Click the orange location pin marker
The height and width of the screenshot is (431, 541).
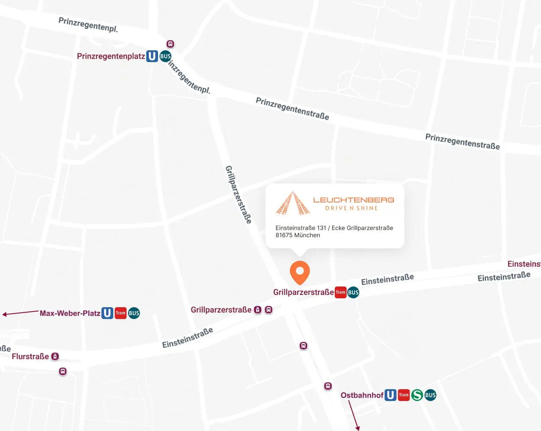click(300, 271)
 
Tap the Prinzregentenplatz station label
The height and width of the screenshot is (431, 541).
click(111, 56)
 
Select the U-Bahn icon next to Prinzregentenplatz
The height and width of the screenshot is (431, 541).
click(152, 56)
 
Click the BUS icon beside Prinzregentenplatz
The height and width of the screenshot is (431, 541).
click(165, 56)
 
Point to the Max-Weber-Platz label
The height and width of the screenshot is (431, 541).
click(70, 313)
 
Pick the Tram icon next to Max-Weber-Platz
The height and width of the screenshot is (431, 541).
click(120, 313)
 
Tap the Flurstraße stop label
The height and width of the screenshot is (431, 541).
click(30, 356)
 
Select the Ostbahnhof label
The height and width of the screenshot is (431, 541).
click(362, 395)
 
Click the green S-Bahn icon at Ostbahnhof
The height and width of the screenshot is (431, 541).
click(417, 395)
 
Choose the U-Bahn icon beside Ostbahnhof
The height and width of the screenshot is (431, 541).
click(391, 395)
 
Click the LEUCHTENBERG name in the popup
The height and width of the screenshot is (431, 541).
click(353, 200)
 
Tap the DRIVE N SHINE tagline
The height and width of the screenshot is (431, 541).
click(351, 208)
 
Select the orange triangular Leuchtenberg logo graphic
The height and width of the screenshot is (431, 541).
click(292, 204)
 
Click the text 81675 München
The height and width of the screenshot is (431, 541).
click(298, 235)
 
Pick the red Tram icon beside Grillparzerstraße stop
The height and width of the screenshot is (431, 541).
click(340, 292)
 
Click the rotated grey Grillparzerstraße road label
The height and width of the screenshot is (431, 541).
click(238, 194)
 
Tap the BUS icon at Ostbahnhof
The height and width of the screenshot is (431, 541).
click(430, 395)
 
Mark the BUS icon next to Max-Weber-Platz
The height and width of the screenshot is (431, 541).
click(134, 313)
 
